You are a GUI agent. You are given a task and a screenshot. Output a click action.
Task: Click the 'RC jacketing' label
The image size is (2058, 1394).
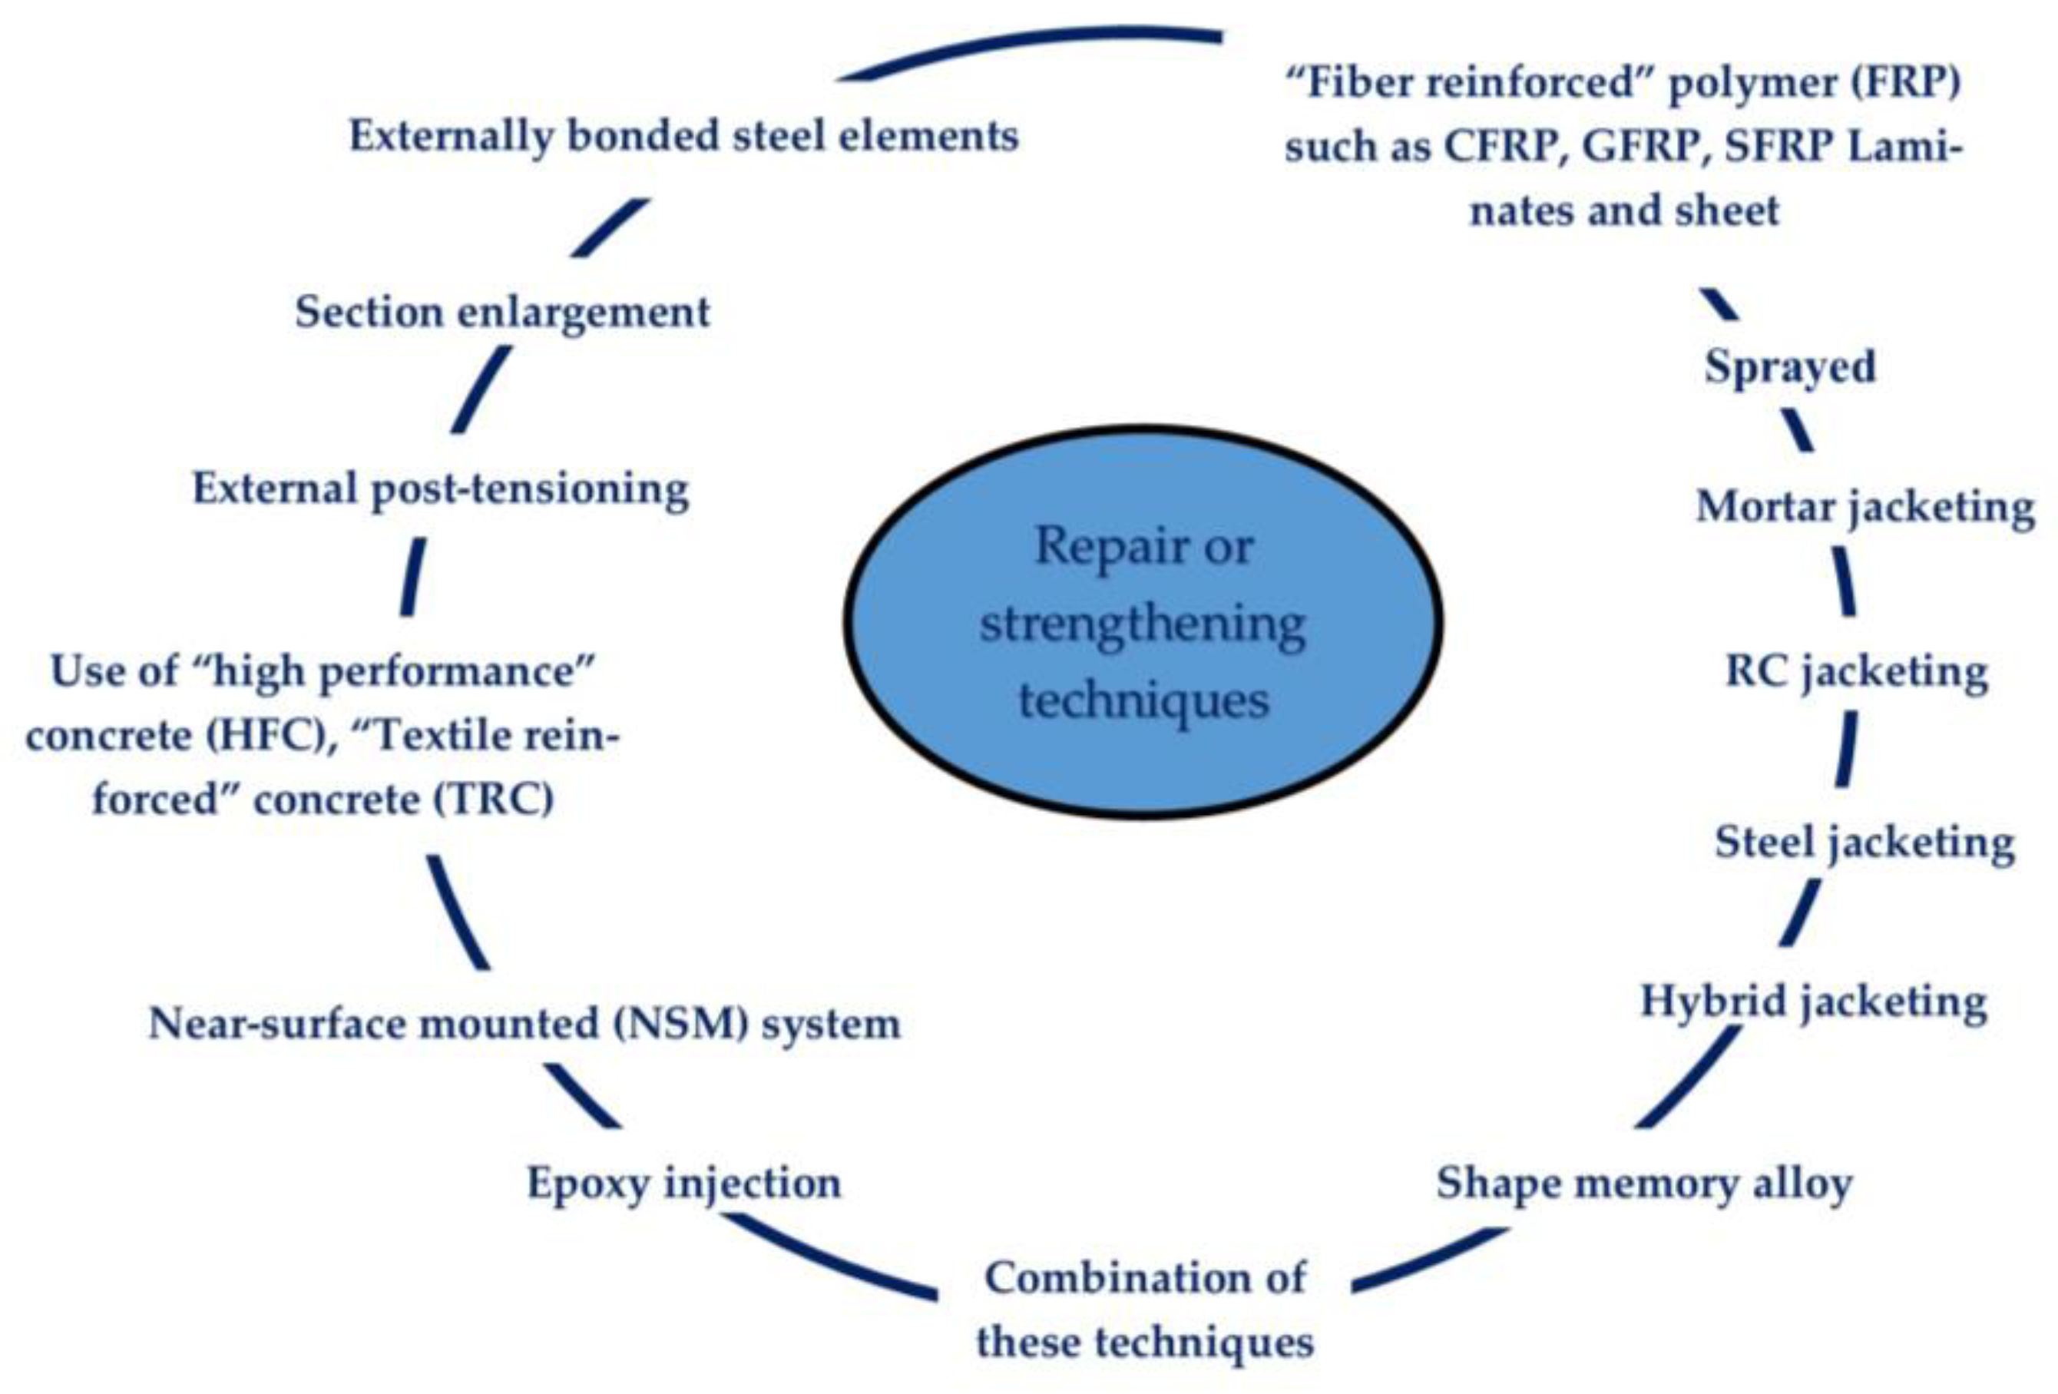coord(1856,671)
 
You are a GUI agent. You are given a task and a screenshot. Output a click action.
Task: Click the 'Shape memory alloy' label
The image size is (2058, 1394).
coord(1643,1182)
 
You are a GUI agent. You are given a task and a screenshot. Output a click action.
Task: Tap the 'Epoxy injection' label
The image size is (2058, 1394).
coord(683,1182)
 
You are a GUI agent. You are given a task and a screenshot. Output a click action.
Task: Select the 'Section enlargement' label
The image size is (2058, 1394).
coord(502,312)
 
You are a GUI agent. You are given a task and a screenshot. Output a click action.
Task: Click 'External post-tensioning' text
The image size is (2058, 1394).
coord(440,488)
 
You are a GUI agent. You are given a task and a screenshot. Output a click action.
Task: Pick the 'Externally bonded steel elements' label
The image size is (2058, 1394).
coord(683,135)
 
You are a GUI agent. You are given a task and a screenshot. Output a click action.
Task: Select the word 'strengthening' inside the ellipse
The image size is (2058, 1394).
coord(1143,624)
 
